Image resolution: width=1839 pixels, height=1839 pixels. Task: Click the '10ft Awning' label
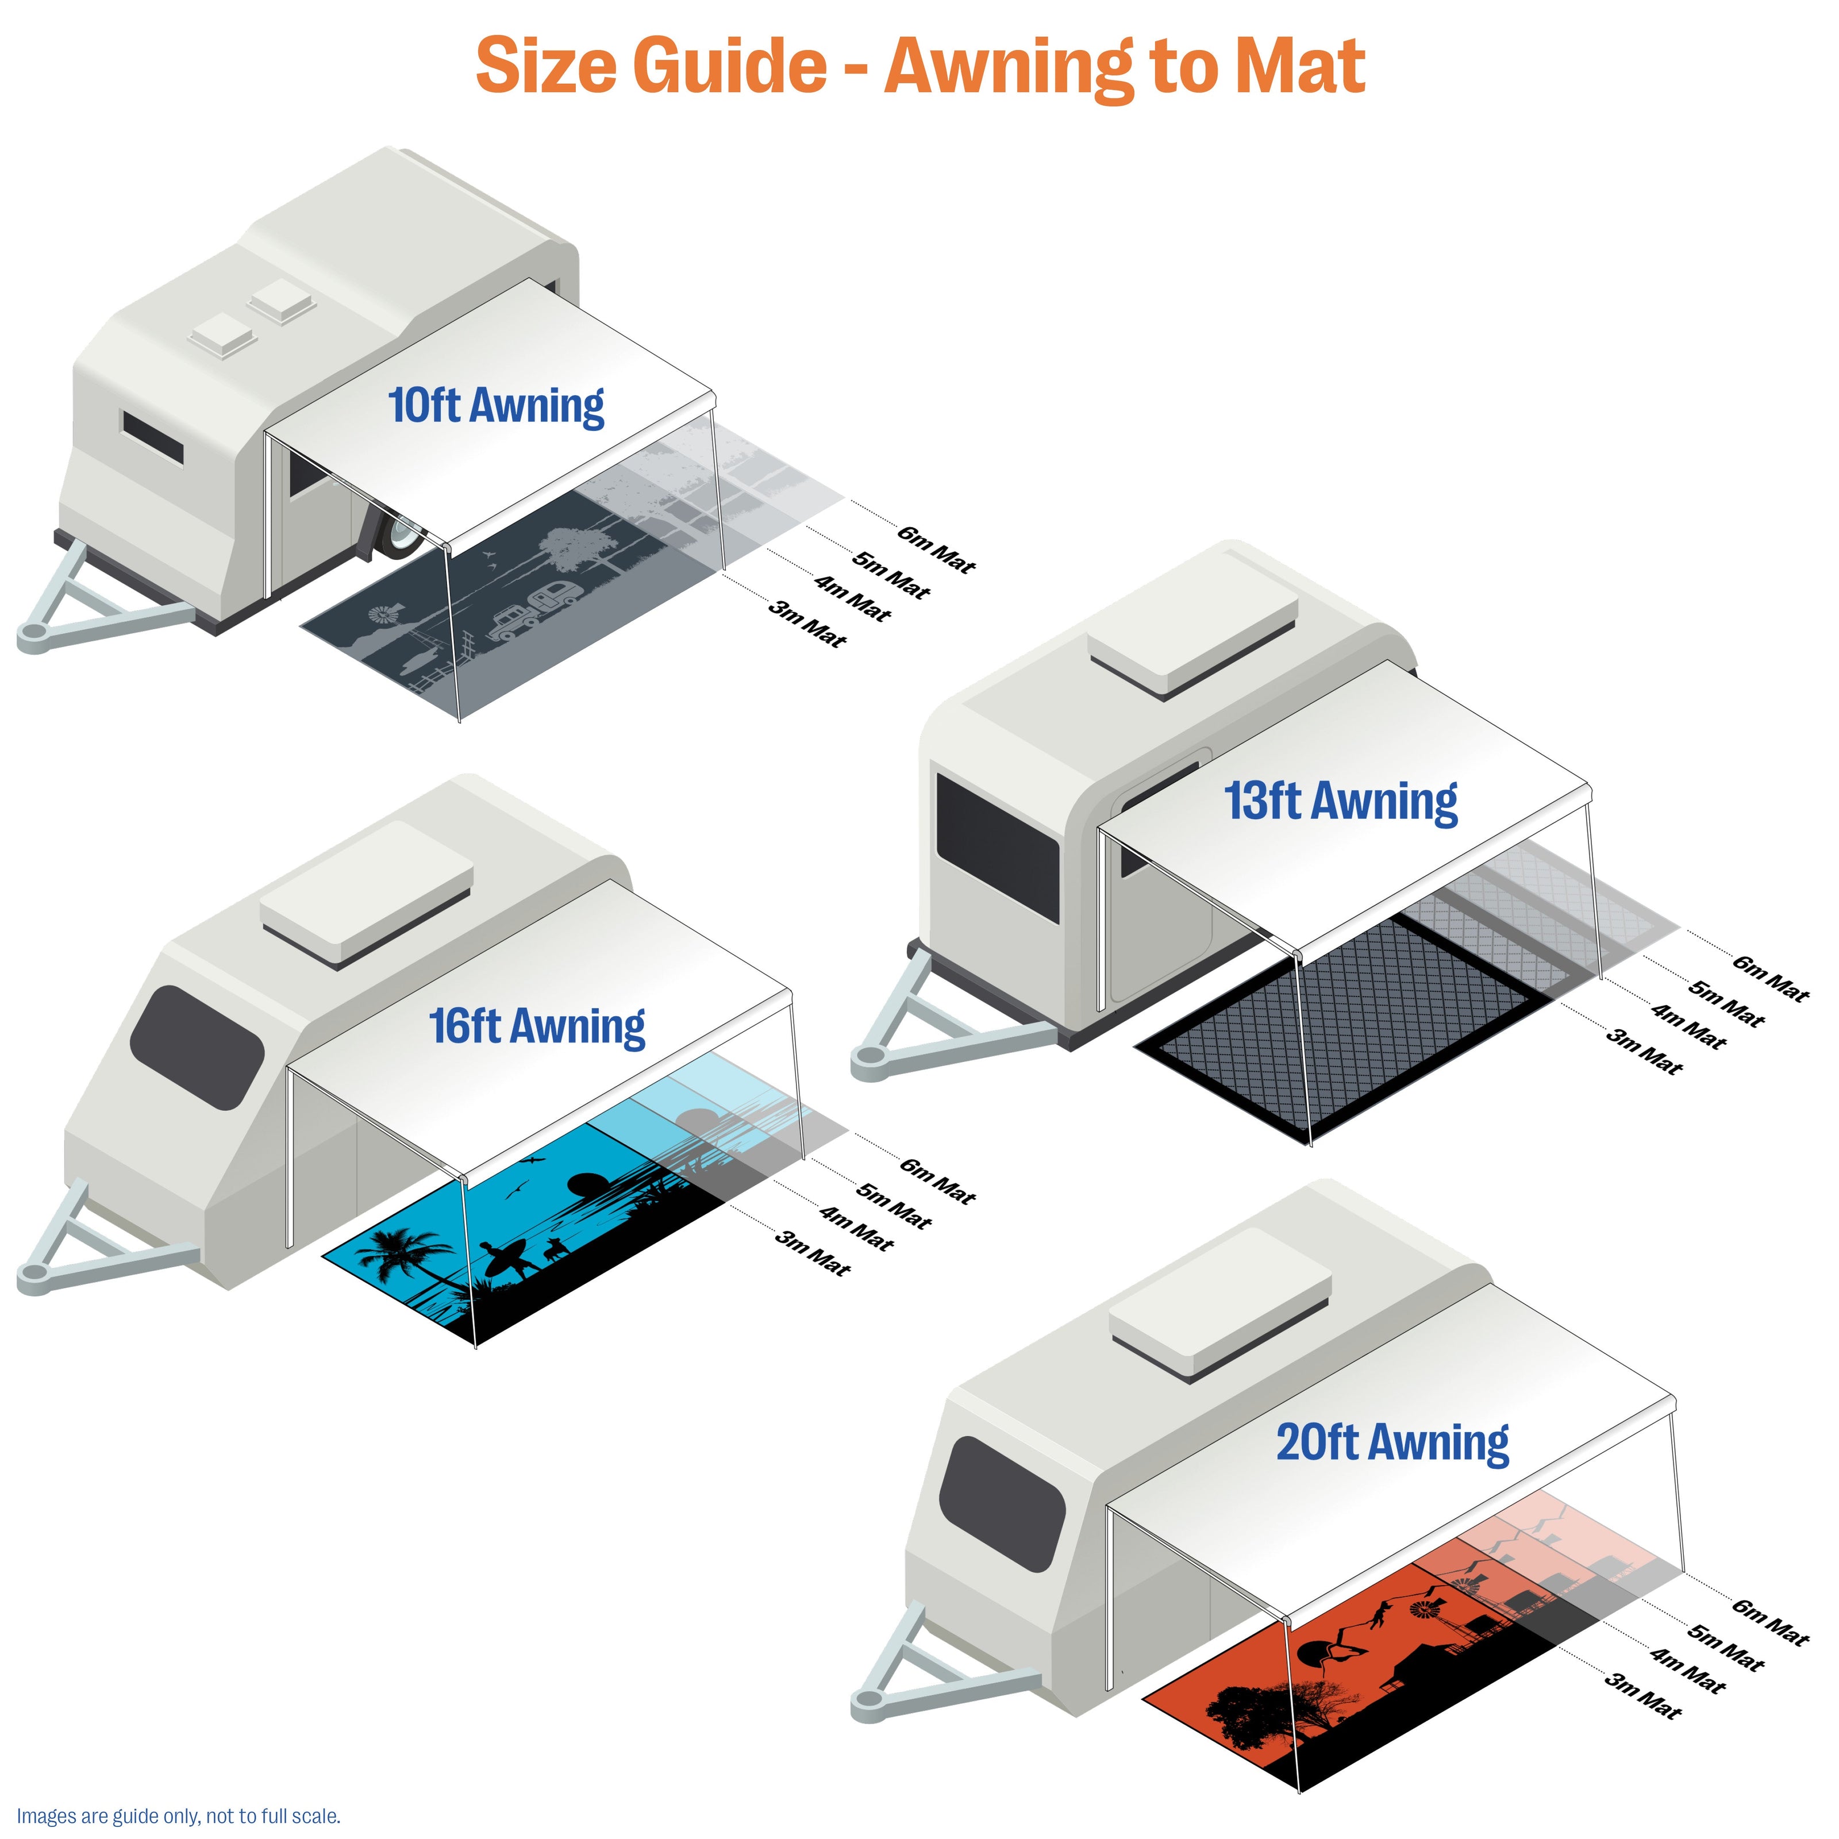[496, 406]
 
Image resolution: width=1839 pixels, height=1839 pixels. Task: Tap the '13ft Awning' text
[1340, 802]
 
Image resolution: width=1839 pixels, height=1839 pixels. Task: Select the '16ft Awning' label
[537, 1026]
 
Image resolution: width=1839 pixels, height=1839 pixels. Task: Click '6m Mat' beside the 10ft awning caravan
[936, 549]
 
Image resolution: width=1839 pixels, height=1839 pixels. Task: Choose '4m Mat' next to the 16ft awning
[856, 1228]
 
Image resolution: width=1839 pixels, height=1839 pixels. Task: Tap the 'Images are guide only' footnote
[178, 1816]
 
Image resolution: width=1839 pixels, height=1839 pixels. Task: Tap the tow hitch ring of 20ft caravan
[869, 1699]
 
